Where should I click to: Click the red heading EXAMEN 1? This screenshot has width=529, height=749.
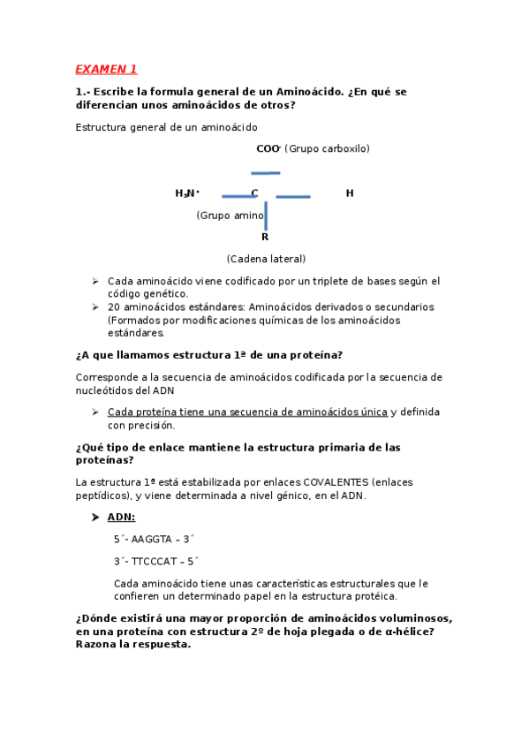coord(106,69)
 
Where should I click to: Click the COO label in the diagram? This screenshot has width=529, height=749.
coord(268,148)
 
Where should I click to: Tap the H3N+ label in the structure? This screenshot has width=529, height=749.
coord(186,193)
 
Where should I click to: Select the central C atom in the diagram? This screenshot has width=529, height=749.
coord(254,193)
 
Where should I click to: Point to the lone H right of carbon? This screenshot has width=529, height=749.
coord(350,193)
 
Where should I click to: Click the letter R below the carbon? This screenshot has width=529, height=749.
coord(265,237)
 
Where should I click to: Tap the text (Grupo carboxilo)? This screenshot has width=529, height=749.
coord(327,148)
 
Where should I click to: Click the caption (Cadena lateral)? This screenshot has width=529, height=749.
coord(266,259)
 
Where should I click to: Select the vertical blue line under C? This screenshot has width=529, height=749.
coord(266,215)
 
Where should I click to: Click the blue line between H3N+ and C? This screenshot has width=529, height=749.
coord(238,196)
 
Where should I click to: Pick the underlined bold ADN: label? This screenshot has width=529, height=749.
coord(121,517)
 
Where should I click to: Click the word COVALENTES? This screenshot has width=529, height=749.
coord(336,481)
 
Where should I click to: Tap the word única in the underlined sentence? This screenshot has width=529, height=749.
coord(371,412)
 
